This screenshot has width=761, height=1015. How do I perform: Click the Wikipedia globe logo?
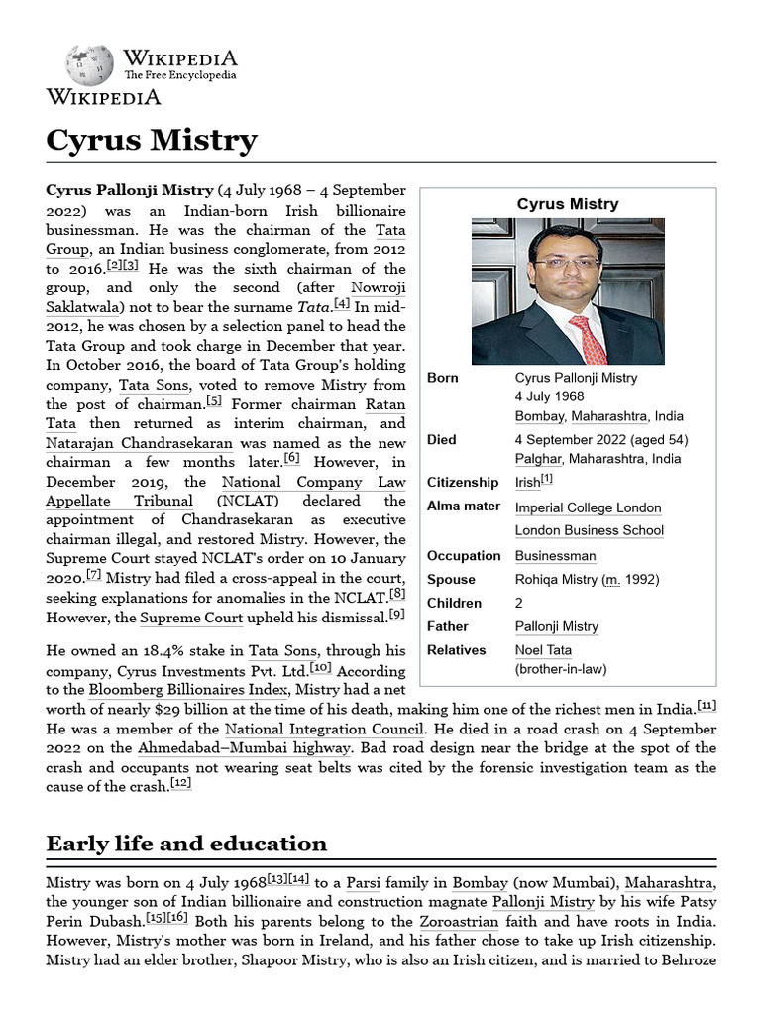click(x=89, y=64)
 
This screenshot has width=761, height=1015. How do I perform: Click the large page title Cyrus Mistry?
click(x=151, y=140)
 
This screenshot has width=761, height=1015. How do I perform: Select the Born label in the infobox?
click(x=442, y=378)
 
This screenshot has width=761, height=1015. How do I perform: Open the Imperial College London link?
click(x=588, y=507)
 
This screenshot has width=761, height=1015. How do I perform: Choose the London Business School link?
click(x=589, y=530)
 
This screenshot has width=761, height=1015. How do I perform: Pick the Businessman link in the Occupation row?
click(x=555, y=556)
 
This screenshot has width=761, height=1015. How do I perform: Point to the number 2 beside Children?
click(x=519, y=603)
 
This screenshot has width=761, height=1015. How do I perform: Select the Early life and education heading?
click(x=186, y=844)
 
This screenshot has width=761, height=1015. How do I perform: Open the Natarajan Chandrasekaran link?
click(x=139, y=443)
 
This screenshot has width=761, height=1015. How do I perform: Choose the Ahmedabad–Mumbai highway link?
click(x=244, y=748)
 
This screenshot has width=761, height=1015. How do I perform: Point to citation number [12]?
click(x=180, y=783)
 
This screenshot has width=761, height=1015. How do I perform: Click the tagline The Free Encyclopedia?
click(x=180, y=75)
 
